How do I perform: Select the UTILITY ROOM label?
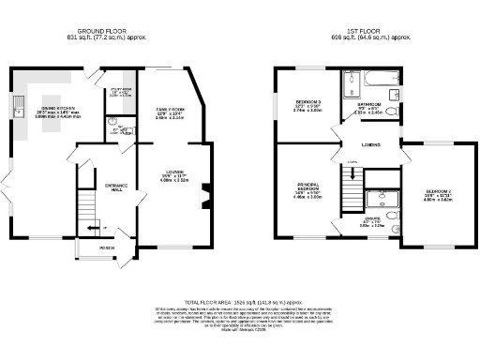pyautogui.click(x=120, y=89)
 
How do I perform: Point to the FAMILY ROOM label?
pyautogui.click(x=170, y=111)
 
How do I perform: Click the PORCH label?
pyautogui.click(x=107, y=248)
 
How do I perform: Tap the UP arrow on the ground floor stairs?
pyautogui.click(x=91, y=228)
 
